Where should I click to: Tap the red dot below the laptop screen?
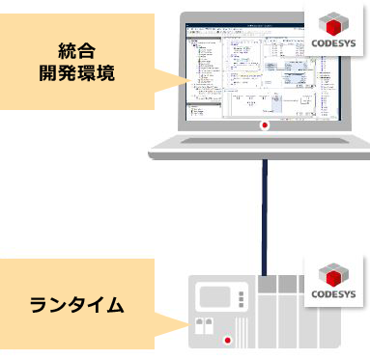click(x=262, y=125)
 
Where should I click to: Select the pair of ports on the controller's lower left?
click(x=202, y=326)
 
